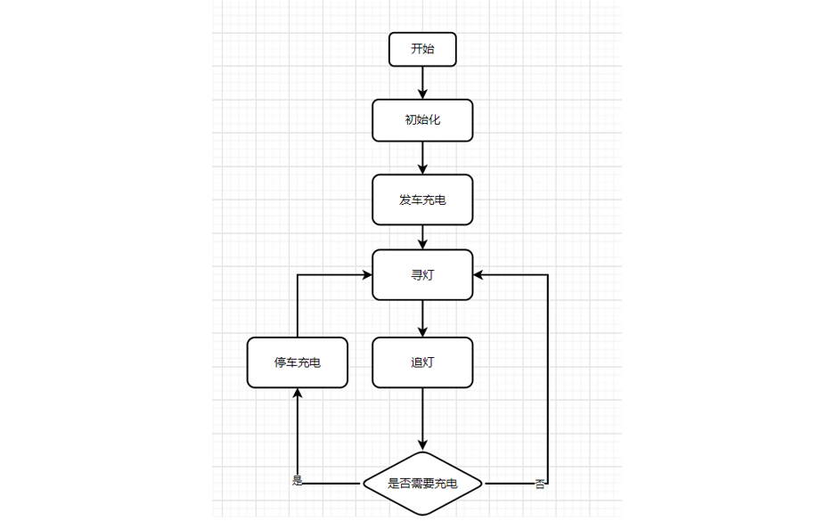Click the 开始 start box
422,50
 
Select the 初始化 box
422,120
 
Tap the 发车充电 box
422,199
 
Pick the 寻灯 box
422,275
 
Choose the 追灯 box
422,362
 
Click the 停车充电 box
298,362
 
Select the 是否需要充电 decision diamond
422,484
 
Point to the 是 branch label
298,481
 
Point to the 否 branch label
540,484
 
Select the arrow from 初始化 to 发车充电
422,158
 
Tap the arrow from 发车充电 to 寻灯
422,237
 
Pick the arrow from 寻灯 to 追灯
422,319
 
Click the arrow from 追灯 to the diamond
422,419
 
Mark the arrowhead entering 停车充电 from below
298,395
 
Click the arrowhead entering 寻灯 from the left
366,275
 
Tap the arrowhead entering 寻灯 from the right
479,275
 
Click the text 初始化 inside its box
422,120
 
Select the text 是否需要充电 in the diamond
422,484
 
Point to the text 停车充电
298,363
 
